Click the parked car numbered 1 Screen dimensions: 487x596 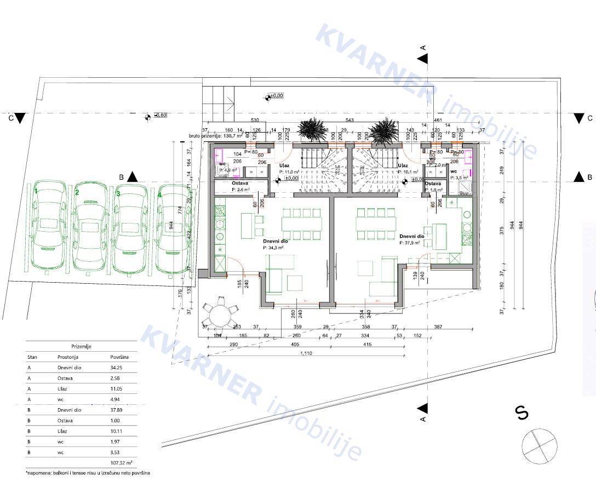(x=48, y=227)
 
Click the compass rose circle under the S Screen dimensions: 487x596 (x=538, y=446)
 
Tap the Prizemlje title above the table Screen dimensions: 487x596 (x=81, y=346)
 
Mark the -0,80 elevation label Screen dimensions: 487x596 (x=161, y=116)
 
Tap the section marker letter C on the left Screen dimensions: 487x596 (x=11, y=118)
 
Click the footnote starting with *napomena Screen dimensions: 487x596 (x=88, y=472)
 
